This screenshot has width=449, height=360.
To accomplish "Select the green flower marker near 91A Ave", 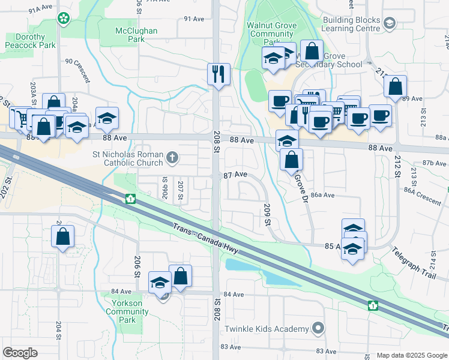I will pyautogui.click(x=64, y=19).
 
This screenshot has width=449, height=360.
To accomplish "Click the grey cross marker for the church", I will pyautogui.click(x=172, y=158).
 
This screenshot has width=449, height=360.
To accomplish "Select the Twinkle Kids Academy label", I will pyautogui.click(x=266, y=329).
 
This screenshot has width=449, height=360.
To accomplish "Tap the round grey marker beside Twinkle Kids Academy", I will pyautogui.click(x=318, y=328).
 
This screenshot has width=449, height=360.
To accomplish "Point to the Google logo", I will pyautogui.click(x=20, y=352).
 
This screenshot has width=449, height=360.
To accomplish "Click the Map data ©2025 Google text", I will pyautogui.click(x=411, y=355).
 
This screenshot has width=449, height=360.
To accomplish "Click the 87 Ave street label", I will pyautogui.click(x=235, y=175).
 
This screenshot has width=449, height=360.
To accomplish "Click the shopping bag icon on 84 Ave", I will pyautogui.click(x=180, y=277).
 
